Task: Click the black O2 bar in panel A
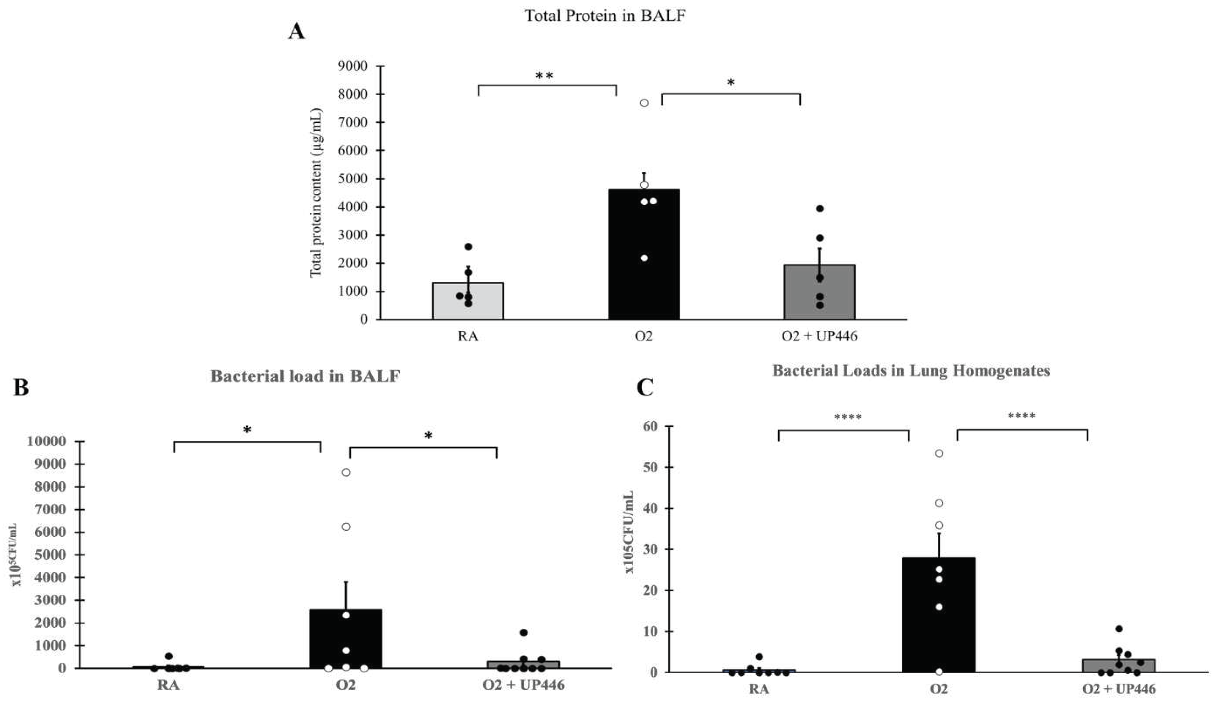644,269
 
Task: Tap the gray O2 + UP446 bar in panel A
819,294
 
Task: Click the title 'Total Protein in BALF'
605,16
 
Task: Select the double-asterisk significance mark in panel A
544,76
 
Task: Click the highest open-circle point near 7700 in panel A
644,103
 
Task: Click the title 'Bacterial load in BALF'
305,376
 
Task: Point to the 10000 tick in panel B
46,441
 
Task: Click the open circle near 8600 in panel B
346,472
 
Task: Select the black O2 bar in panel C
939,621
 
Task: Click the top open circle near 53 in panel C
939,453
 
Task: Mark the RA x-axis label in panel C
759,689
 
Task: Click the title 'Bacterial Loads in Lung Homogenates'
911,371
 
